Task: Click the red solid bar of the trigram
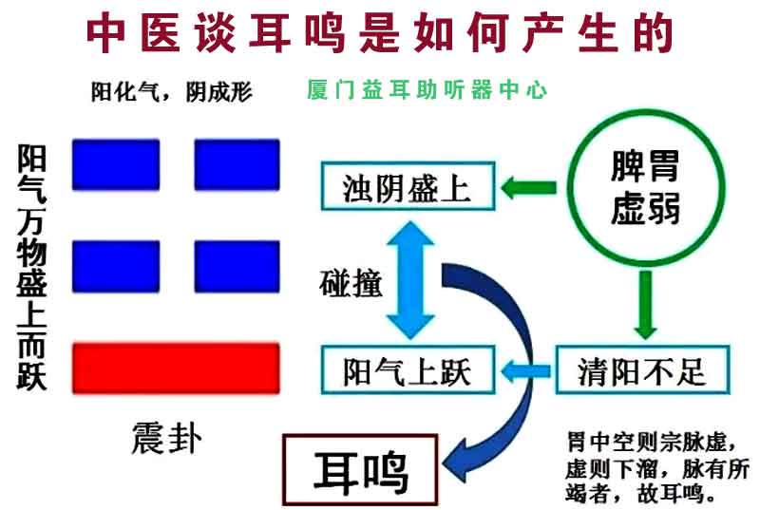[x=176, y=368]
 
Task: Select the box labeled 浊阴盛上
[x=408, y=186]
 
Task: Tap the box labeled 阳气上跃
[x=408, y=370]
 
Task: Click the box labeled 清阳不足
[x=643, y=370]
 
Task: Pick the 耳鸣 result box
[x=360, y=470]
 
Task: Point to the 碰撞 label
[x=351, y=283]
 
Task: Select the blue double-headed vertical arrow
[x=410, y=280]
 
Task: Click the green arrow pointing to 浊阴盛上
[x=528, y=187]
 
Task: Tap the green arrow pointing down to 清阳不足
[x=645, y=305]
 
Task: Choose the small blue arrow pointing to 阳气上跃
[x=525, y=371]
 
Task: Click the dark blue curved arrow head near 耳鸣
[x=461, y=459]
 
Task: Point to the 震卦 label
[x=166, y=438]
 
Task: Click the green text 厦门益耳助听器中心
[x=427, y=89]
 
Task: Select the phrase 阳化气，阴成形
[x=172, y=91]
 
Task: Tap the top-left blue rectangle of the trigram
[x=116, y=164]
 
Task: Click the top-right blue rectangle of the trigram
[x=237, y=164]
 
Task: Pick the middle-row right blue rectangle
[x=237, y=267]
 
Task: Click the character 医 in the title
[x=161, y=33]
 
